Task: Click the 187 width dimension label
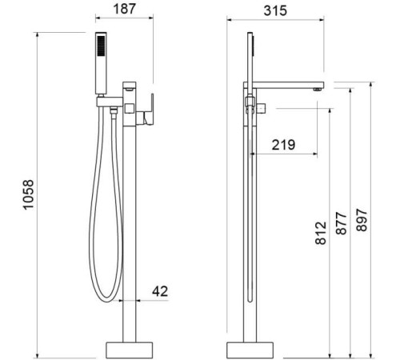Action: [x=125, y=9]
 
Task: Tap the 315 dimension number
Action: [x=275, y=11]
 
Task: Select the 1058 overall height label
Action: [x=29, y=194]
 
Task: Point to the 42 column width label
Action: [x=160, y=291]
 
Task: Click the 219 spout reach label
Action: [x=283, y=145]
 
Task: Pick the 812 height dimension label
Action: [x=321, y=233]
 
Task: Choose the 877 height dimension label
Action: [x=341, y=223]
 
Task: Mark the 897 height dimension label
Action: [x=362, y=220]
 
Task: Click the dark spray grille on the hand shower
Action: [x=102, y=46]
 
